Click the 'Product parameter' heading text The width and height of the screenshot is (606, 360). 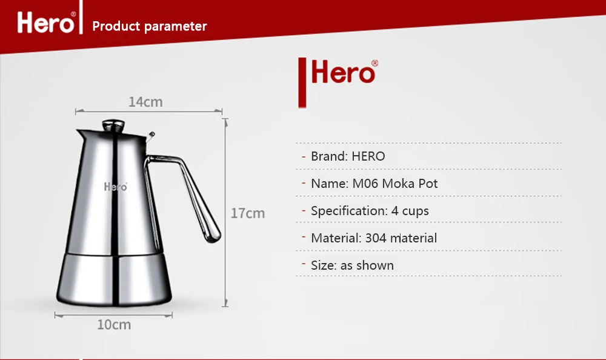(150, 26)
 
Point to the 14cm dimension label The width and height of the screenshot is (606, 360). (145, 102)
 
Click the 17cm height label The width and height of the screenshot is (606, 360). (248, 213)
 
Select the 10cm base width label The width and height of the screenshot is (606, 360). (114, 325)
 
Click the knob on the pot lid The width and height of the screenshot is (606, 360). (113, 125)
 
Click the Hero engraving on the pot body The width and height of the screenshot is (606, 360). (116, 187)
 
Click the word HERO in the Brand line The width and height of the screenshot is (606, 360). (368, 156)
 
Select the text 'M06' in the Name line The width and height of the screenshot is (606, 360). (365, 183)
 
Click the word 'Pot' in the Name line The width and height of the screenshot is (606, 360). (428, 183)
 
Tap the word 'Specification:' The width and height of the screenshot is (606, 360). (350, 211)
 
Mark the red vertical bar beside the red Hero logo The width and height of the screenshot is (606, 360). (302, 82)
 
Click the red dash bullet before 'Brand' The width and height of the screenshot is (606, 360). (304, 156)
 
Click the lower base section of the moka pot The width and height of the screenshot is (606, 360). (114, 279)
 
